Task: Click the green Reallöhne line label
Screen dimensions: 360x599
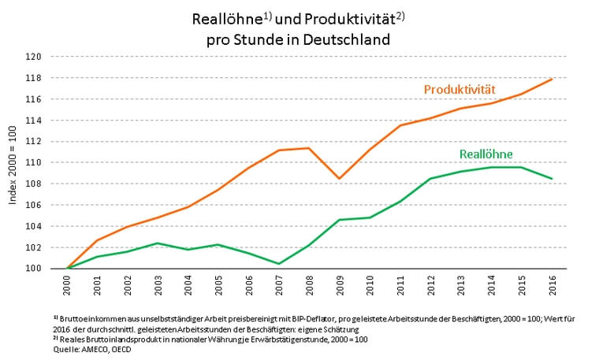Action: tap(486, 154)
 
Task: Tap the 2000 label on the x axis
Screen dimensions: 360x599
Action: tap(69, 284)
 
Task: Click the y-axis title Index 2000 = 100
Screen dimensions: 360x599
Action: tap(13, 162)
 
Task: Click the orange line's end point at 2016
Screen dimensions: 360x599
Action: tap(552, 79)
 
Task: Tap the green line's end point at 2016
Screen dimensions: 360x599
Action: tap(552, 179)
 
